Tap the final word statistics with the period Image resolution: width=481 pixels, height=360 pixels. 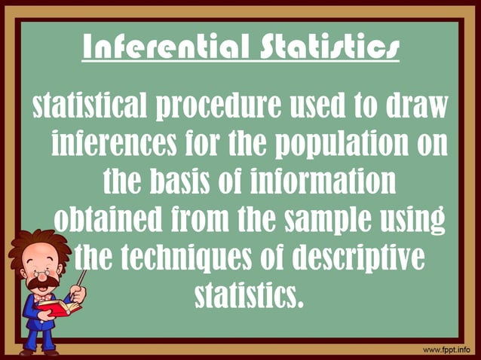point(250,294)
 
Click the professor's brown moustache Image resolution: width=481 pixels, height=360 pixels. point(44,283)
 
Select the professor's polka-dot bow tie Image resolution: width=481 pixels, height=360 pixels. point(41,298)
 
